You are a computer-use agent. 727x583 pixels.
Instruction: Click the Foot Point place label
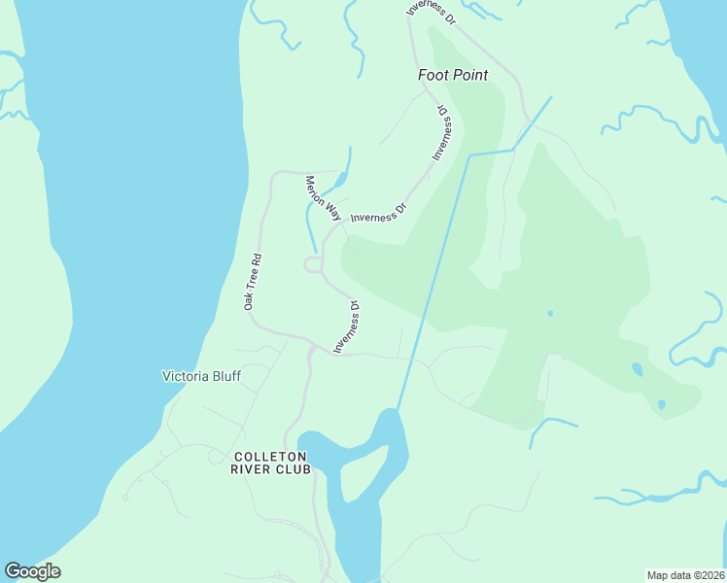(x=452, y=75)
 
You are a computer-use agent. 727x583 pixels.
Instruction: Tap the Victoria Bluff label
(x=200, y=376)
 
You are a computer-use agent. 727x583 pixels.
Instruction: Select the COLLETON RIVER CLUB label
(x=270, y=463)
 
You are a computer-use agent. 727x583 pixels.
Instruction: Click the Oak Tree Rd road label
(x=252, y=283)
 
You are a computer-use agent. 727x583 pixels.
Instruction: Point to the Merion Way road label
(x=323, y=197)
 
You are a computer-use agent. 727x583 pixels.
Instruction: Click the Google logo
(x=32, y=571)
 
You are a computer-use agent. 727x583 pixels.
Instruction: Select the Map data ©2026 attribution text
(x=685, y=574)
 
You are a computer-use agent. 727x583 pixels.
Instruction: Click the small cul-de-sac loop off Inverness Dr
(x=313, y=264)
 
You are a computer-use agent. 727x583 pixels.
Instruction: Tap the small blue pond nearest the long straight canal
(x=550, y=313)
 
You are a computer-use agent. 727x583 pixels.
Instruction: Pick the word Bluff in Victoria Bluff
(x=225, y=376)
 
